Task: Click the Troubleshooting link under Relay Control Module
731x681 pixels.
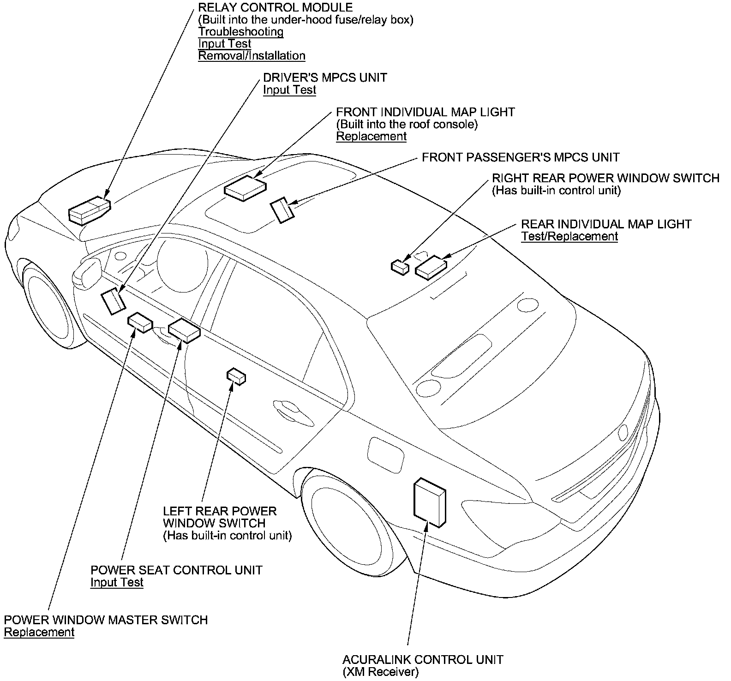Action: [241, 32]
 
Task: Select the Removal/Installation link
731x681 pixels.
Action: [252, 56]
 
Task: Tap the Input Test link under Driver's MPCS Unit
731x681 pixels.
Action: [289, 90]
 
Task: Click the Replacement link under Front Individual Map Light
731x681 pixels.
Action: [371, 137]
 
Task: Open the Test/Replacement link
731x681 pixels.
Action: [569, 237]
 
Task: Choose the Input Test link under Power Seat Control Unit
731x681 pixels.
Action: [117, 583]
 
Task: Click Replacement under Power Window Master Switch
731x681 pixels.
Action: [39, 633]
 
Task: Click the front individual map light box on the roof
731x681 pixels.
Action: [245, 188]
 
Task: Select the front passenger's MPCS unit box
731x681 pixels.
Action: [282, 210]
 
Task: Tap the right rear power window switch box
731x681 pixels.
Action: [400, 267]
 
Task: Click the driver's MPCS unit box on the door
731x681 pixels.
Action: [113, 301]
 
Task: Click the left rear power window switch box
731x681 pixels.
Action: [236, 376]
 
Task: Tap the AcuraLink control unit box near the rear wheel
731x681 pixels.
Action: [430, 503]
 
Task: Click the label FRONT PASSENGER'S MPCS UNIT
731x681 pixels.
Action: [521, 158]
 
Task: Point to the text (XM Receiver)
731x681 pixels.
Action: [380, 672]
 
